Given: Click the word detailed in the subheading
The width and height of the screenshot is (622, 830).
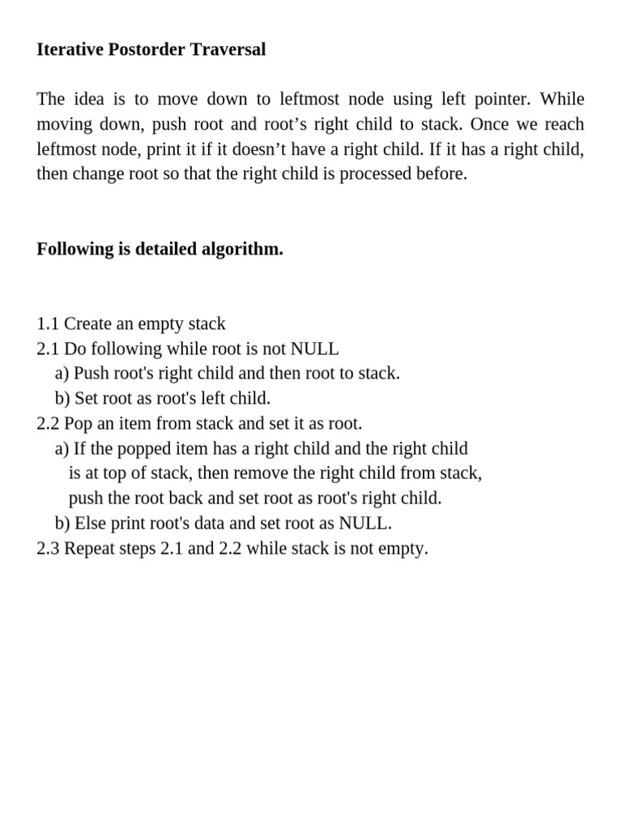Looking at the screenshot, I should tap(164, 249).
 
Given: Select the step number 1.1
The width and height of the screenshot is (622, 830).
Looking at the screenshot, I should tap(48, 323).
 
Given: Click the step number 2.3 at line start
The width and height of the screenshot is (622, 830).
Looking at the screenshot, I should tap(48, 548).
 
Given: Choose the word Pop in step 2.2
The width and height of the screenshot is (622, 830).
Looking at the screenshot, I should tap(78, 423).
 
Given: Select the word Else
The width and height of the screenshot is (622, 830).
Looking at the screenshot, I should tap(91, 523).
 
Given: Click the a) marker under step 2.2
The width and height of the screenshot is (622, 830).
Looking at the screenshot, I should tap(62, 448).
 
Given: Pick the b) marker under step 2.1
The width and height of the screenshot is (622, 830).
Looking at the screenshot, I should tap(62, 398).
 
